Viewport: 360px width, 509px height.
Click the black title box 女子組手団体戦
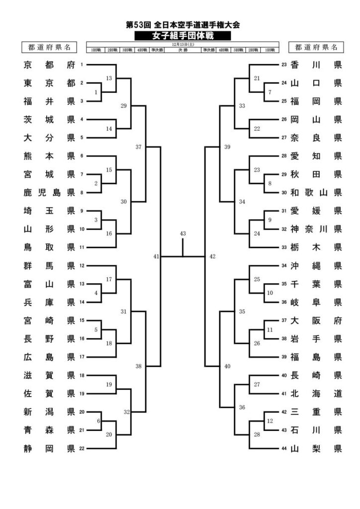(182, 35)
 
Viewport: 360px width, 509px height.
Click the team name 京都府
(49, 65)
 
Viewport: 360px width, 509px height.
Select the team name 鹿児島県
(49, 192)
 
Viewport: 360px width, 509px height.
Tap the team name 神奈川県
(316, 229)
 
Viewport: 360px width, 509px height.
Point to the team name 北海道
(316, 394)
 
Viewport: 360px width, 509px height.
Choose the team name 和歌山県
(316, 192)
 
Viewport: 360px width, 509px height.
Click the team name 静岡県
(49, 449)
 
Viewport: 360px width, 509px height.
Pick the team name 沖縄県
(316, 265)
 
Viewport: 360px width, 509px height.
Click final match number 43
(182, 234)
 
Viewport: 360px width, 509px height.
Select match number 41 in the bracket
(156, 256)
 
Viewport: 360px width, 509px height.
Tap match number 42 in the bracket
(212, 256)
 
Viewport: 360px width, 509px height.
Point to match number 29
(124, 105)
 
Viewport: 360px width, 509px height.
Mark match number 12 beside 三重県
(270, 421)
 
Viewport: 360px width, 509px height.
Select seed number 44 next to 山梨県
(284, 449)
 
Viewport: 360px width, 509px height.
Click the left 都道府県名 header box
(49, 47)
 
